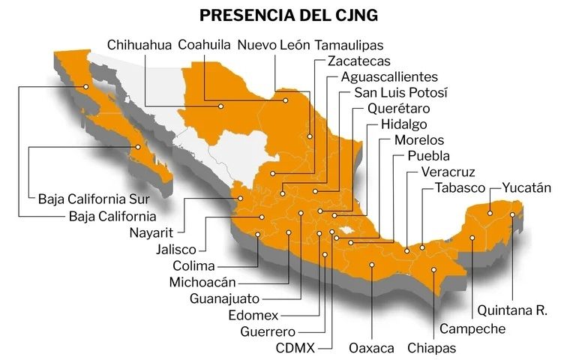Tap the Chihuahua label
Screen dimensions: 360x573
[139, 45]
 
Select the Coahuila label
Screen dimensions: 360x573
[204, 45]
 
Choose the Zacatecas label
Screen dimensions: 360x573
[359, 61]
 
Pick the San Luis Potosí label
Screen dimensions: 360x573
[400, 94]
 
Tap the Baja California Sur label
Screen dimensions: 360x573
[94, 200]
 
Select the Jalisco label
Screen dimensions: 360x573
[176, 249]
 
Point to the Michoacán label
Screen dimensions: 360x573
[202, 283]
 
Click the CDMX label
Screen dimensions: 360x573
[295, 348]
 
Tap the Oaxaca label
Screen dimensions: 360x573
[371, 348]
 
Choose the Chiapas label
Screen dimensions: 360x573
[431, 348]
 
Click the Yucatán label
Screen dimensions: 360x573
[526, 187]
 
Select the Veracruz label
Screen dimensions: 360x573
[448, 172]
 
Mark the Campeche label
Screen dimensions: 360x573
[472, 328]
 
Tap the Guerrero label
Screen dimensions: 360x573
[268, 331]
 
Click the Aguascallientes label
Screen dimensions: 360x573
[388, 77]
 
